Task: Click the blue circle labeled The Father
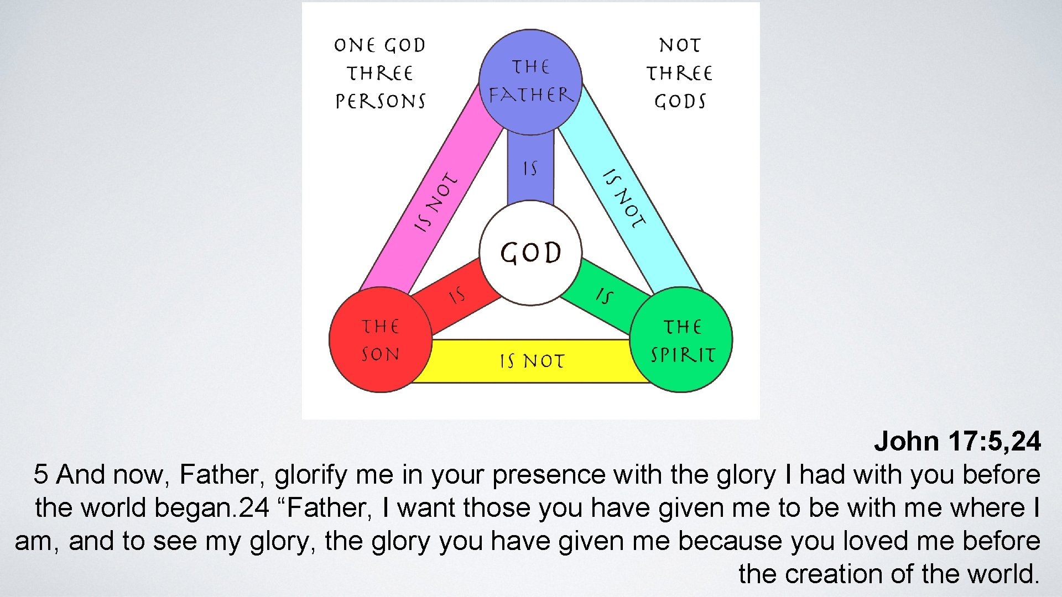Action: click(x=530, y=82)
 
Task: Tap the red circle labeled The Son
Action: click(x=381, y=339)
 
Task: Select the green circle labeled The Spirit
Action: click(x=681, y=339)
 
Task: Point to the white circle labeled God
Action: click(x=530, y=253)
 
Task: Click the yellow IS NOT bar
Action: click(x=531, y=361)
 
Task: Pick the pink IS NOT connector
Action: click(x=437, y=202)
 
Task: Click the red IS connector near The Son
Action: click(x=457, y=297)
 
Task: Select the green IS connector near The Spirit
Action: click(x=605, y=297)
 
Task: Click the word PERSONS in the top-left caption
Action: click(x=381, y=101)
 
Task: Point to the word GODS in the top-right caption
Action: click(x=680, y=101)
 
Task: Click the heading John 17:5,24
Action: click(x=957, y=441)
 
